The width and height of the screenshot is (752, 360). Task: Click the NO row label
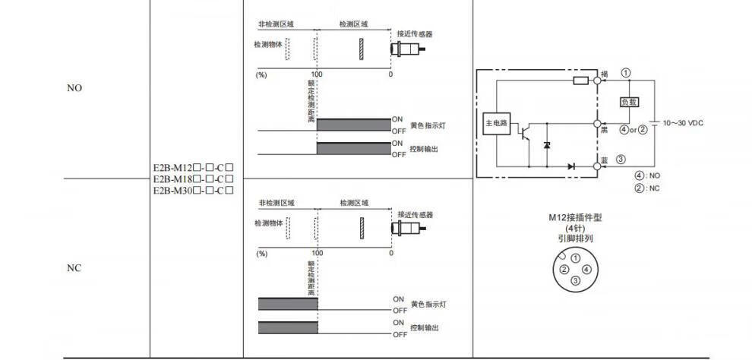coord(74,88)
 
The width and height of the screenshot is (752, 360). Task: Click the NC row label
coord(74,269)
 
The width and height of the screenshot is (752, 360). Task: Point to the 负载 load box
coord(630,102)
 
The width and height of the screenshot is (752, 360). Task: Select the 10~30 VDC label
coord(683,122)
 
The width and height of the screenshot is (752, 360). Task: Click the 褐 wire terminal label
coord(604,74)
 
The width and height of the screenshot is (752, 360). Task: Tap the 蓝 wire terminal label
coord(604,160)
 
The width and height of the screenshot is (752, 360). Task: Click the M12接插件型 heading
coord(575,218)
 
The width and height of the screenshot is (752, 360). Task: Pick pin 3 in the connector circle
coord(575,280)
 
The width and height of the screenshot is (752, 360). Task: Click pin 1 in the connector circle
coord(575,258)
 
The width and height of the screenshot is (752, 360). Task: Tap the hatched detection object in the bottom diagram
coord(362,226)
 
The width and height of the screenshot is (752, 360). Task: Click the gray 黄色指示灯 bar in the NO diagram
coord(353,125)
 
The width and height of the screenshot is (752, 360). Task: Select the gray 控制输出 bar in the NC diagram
coord(288,327)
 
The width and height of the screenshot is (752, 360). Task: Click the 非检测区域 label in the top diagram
coord(276,24)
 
